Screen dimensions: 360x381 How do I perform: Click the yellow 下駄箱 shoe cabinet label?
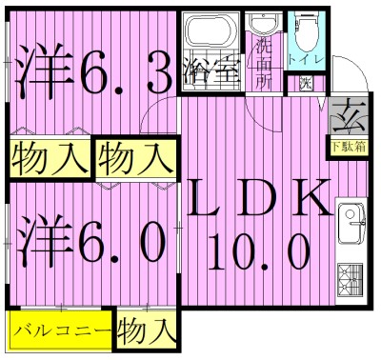click(x=349, y=147)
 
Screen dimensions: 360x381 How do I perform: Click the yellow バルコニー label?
click(x=62, y=333)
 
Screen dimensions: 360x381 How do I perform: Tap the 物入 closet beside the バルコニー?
click(x=147, y=333)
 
